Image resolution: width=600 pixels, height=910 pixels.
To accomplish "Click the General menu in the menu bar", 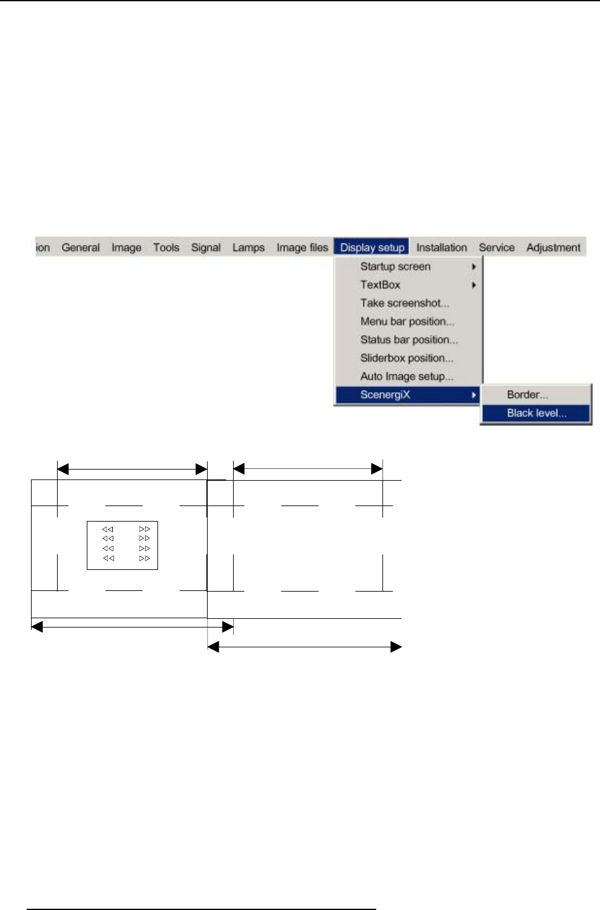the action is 81,247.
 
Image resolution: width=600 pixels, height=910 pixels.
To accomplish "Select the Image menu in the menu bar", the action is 126,247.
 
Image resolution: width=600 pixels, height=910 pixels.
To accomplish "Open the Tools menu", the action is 166,247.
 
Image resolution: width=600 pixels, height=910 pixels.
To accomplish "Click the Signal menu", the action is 206,247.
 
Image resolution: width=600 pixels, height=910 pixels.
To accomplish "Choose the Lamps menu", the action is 249,247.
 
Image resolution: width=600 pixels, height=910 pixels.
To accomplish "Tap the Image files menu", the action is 302,247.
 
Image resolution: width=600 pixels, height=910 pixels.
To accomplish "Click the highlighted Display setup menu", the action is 371,247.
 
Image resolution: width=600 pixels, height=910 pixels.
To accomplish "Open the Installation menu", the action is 441,247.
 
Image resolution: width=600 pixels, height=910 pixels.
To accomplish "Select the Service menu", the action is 496,247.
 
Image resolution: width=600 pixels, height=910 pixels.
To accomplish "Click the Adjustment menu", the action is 554,247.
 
